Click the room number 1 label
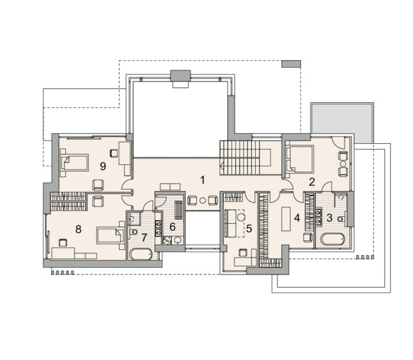click(202, 180)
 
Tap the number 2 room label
click(312, 182)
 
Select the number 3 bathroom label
click(329, 218)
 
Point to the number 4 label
click(297, 218)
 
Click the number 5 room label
click(249, 229)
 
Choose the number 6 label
click(173, 227)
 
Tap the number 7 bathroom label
click(144, 238)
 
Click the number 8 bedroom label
click(78, 229)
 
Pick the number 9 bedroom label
click(103, 166)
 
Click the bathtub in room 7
click(141, 254)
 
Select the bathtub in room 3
click(333, 240)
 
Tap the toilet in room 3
click(341, 219)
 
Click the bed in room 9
click(74, 163)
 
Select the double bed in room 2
click(300, 159)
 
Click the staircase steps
click(240, 157)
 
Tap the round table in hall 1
click(203, 200)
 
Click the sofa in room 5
click(230, 223)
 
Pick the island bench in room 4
click(285, 219)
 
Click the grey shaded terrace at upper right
click(342, 118)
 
